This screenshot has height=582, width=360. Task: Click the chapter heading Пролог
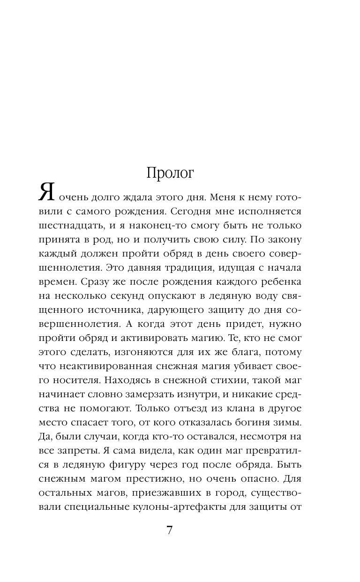pyautogui.click(x=170, y=173)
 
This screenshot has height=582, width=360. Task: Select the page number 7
pyautogui.click(x=170, y=530)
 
